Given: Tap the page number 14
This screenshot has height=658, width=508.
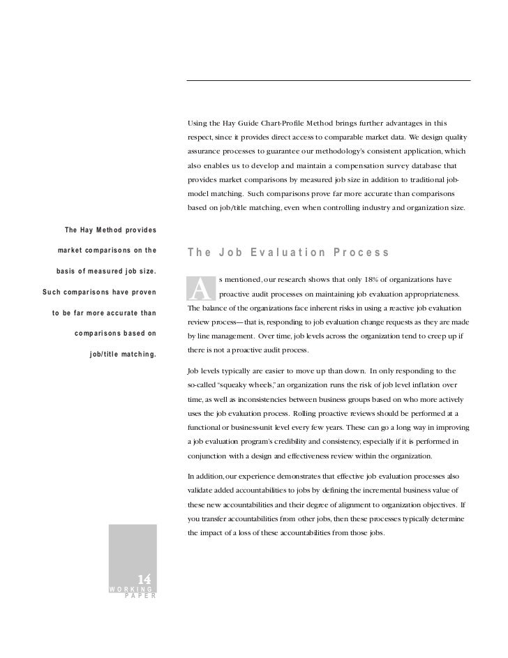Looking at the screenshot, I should point(144,579).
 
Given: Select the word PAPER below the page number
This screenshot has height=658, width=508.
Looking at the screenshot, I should point(140,597).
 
